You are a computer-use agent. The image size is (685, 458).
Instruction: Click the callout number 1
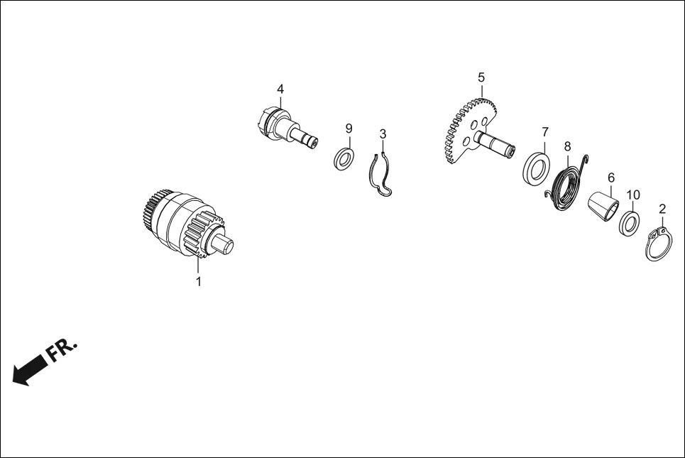click(198, 282)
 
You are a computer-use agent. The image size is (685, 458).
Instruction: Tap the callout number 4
click(280, 89)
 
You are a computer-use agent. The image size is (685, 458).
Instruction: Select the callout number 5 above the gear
click(481, 78)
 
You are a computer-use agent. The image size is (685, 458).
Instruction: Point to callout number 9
click(349, 129)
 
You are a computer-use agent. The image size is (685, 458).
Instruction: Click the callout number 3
click(383, 134)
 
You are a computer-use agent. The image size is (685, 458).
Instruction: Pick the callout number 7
click(544, 131)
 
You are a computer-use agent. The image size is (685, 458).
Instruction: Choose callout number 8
click(567, 146)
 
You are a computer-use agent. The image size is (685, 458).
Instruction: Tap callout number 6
click(610, 178)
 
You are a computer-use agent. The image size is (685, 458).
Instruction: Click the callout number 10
click(633, 195)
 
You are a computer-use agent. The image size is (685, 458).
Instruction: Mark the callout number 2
click(662, 209)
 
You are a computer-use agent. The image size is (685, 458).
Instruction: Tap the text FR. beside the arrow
click(61, 349)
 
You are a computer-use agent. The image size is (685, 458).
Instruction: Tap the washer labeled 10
click(630, 223)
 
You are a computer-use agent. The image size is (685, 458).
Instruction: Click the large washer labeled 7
click(536, 167)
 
